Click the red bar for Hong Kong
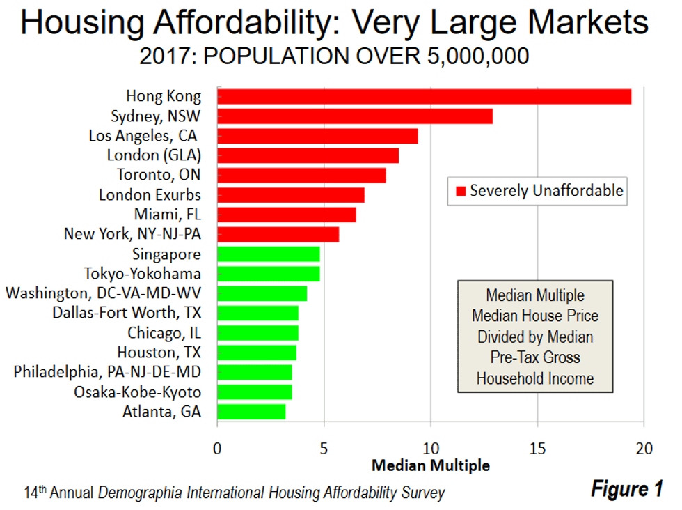(424, 96)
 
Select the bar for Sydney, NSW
(355, 116)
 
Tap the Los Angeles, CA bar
(317, 136)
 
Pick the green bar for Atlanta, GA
(251, 412)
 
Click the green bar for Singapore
(269, 254)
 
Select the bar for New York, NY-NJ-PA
(278, 234)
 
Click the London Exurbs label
(150, 194)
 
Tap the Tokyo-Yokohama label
(143, 273)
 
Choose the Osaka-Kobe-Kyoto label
(137, 392)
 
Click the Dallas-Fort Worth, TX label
(127, 313)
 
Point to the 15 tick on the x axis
(537, 449)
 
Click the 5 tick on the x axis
(324, 449)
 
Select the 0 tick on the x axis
(218, 449)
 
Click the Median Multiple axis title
(431, 465)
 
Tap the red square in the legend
(459, 191)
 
